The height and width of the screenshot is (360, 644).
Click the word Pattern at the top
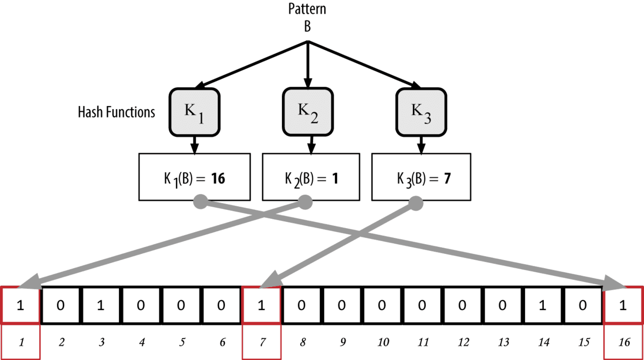tap(307, 9)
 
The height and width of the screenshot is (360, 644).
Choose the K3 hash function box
tap(420, 111)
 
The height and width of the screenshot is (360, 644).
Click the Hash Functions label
tap(116, 112)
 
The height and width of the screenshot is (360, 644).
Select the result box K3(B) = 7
tap(421, 177)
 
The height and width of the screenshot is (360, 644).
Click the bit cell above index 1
tap(20, 305)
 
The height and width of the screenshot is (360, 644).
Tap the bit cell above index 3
tap(101, 305)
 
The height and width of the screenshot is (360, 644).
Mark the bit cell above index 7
tap(262, 305)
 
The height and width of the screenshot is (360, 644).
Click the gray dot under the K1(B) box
tap(200, 202)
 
